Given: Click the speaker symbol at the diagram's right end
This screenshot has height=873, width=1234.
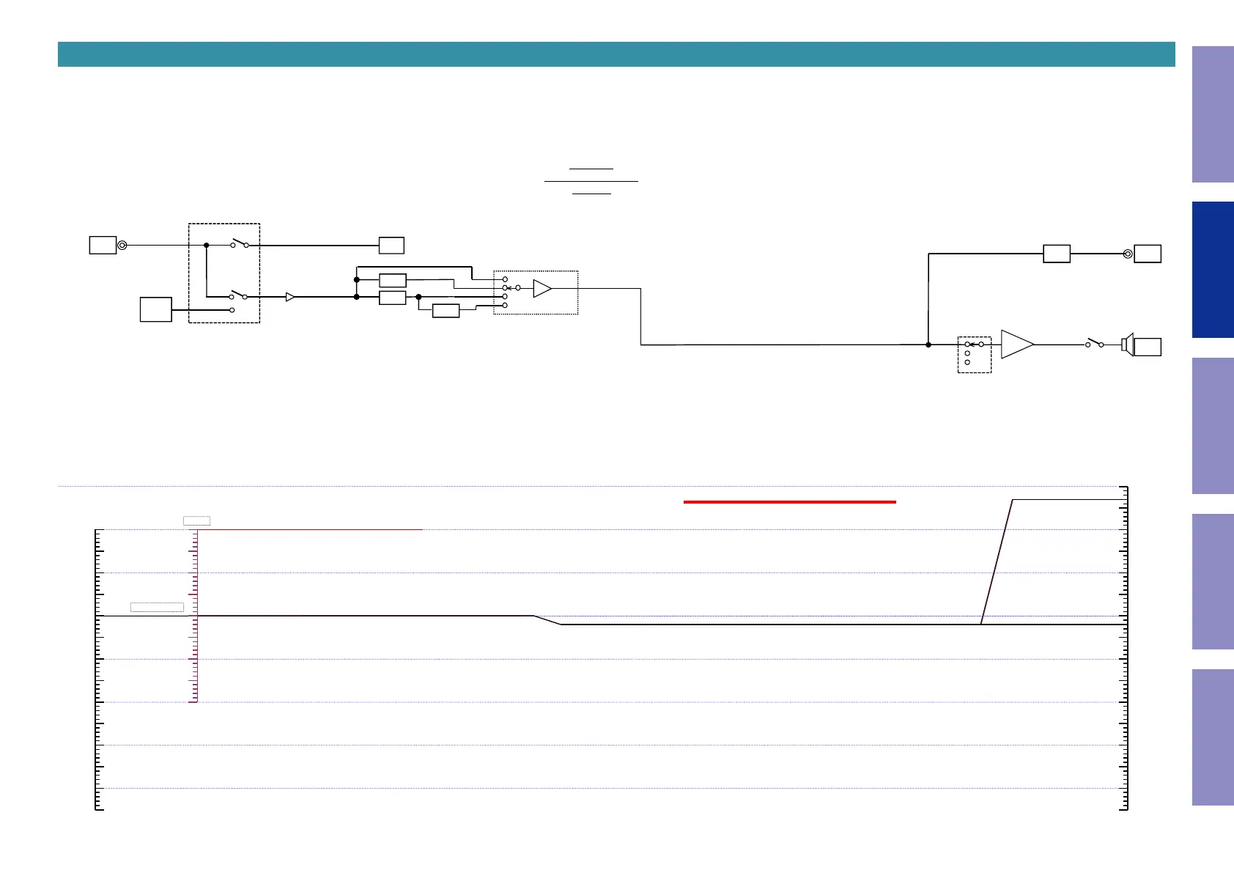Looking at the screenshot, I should (x=1128, y=345).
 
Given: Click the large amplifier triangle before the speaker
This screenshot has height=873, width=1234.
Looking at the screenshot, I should (x=1016, y=345).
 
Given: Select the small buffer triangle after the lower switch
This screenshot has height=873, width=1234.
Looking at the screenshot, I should (x=290, y=297).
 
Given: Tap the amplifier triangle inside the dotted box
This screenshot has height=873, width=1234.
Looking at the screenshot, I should (x=542, y=289).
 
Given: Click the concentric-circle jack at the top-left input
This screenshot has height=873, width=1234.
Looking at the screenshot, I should (x=122, y=246).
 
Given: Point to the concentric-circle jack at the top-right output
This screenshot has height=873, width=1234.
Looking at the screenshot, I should (x=1128, y=254).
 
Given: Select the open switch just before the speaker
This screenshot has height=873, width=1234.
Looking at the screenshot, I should (x=1094, y=343).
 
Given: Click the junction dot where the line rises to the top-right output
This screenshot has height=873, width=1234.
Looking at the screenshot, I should (x=928, y=345).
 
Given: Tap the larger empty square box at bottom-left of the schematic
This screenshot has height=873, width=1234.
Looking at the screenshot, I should (x=156, y=309).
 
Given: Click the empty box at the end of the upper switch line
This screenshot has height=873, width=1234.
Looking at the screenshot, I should (x=391, y=246).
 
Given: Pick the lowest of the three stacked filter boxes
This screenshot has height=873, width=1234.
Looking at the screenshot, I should (x=446, y=311).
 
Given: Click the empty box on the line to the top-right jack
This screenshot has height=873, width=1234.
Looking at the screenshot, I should (x=1056, y=254).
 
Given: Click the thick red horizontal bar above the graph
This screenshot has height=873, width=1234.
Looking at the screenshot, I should (x=789, y=502).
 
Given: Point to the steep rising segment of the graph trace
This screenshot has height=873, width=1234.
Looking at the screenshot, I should (x=997, y=562).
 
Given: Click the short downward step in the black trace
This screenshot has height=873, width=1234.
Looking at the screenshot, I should (x=547, y=620).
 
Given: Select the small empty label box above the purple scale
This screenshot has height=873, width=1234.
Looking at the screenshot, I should (x=196, y=521).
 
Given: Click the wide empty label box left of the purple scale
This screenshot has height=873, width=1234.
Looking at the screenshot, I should (x=157, y=607).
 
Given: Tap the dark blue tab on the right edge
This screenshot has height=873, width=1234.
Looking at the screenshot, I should (x=1213, y=270).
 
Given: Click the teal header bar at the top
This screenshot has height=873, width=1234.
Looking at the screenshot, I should (x=616, y=54).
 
